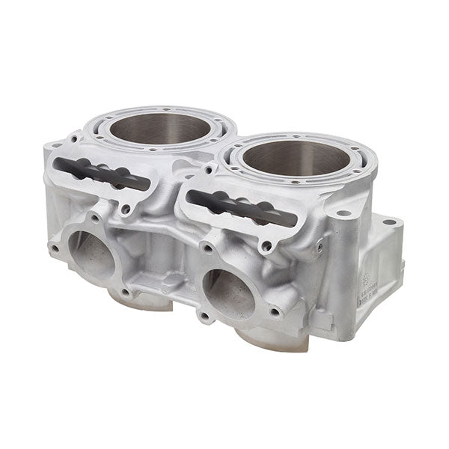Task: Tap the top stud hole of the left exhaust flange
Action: click(x=96, y=219)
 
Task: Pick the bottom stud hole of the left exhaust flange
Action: click(x=125, y=293)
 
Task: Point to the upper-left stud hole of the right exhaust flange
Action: click(x=207, y=248)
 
